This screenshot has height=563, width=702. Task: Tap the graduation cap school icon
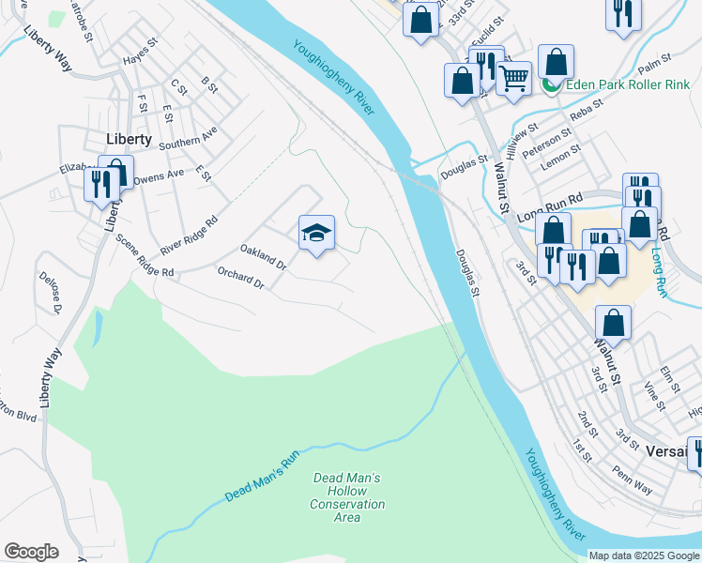[x=317, y=234]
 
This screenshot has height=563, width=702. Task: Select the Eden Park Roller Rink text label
[x=626, y=85]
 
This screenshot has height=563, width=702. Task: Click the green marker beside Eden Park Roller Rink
[x=551, y=85]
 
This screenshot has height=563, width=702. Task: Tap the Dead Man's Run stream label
[x=262, y=476]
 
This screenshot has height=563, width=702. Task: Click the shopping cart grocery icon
[x=513, y=80]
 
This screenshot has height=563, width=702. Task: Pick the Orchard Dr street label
[x=241, y=277]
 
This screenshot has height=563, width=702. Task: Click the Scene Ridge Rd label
[x=145, y=255]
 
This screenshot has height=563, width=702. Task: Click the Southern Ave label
[x=188, y=138]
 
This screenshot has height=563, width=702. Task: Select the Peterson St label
[x=547, y=143]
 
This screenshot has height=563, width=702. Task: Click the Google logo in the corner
[x=31, y=552]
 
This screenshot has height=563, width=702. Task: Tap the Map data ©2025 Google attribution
[x=643, y=555]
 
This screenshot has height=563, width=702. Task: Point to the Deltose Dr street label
[x=50, y=293]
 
